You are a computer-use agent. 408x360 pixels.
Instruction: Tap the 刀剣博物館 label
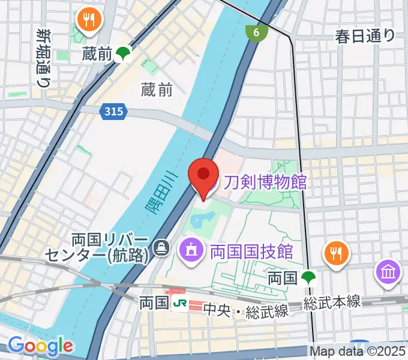265,181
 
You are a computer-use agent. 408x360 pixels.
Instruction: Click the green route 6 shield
256,33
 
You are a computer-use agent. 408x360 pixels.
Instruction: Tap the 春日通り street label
365,36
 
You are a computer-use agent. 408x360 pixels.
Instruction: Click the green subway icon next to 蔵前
124,54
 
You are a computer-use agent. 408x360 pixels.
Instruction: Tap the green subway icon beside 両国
309,278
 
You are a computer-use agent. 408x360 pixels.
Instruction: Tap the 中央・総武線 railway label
246,311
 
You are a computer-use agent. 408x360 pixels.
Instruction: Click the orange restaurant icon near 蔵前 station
90,21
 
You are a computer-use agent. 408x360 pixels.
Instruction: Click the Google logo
40,346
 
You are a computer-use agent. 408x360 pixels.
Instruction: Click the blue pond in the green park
202,220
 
